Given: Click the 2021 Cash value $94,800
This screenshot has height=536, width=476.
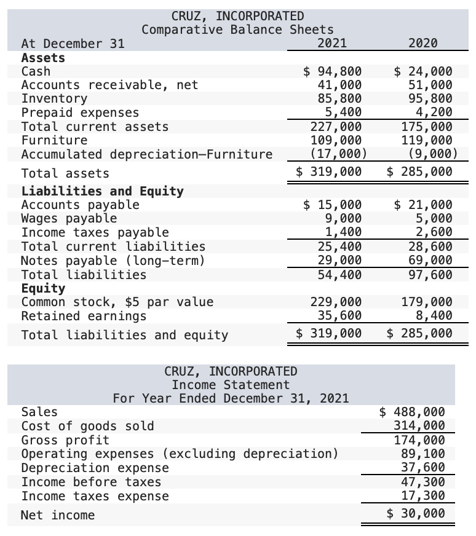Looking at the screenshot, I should (333, 71).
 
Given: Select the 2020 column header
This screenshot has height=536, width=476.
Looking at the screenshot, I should (422, 43).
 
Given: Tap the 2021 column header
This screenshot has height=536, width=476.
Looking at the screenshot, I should (331, 43).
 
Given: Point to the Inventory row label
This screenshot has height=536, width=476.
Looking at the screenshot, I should (54, 98).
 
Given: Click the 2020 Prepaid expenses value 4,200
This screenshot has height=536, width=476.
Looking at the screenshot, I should (434, 112).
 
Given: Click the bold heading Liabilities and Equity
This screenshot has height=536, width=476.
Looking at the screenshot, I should (102, 191).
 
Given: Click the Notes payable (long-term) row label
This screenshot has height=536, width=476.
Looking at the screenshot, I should (113, 261).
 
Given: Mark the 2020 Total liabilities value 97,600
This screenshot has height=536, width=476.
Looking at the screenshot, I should (430, 275).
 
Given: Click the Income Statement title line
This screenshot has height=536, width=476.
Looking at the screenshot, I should (230, 385).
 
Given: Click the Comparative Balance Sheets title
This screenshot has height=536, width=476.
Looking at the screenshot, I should (237, 30).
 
